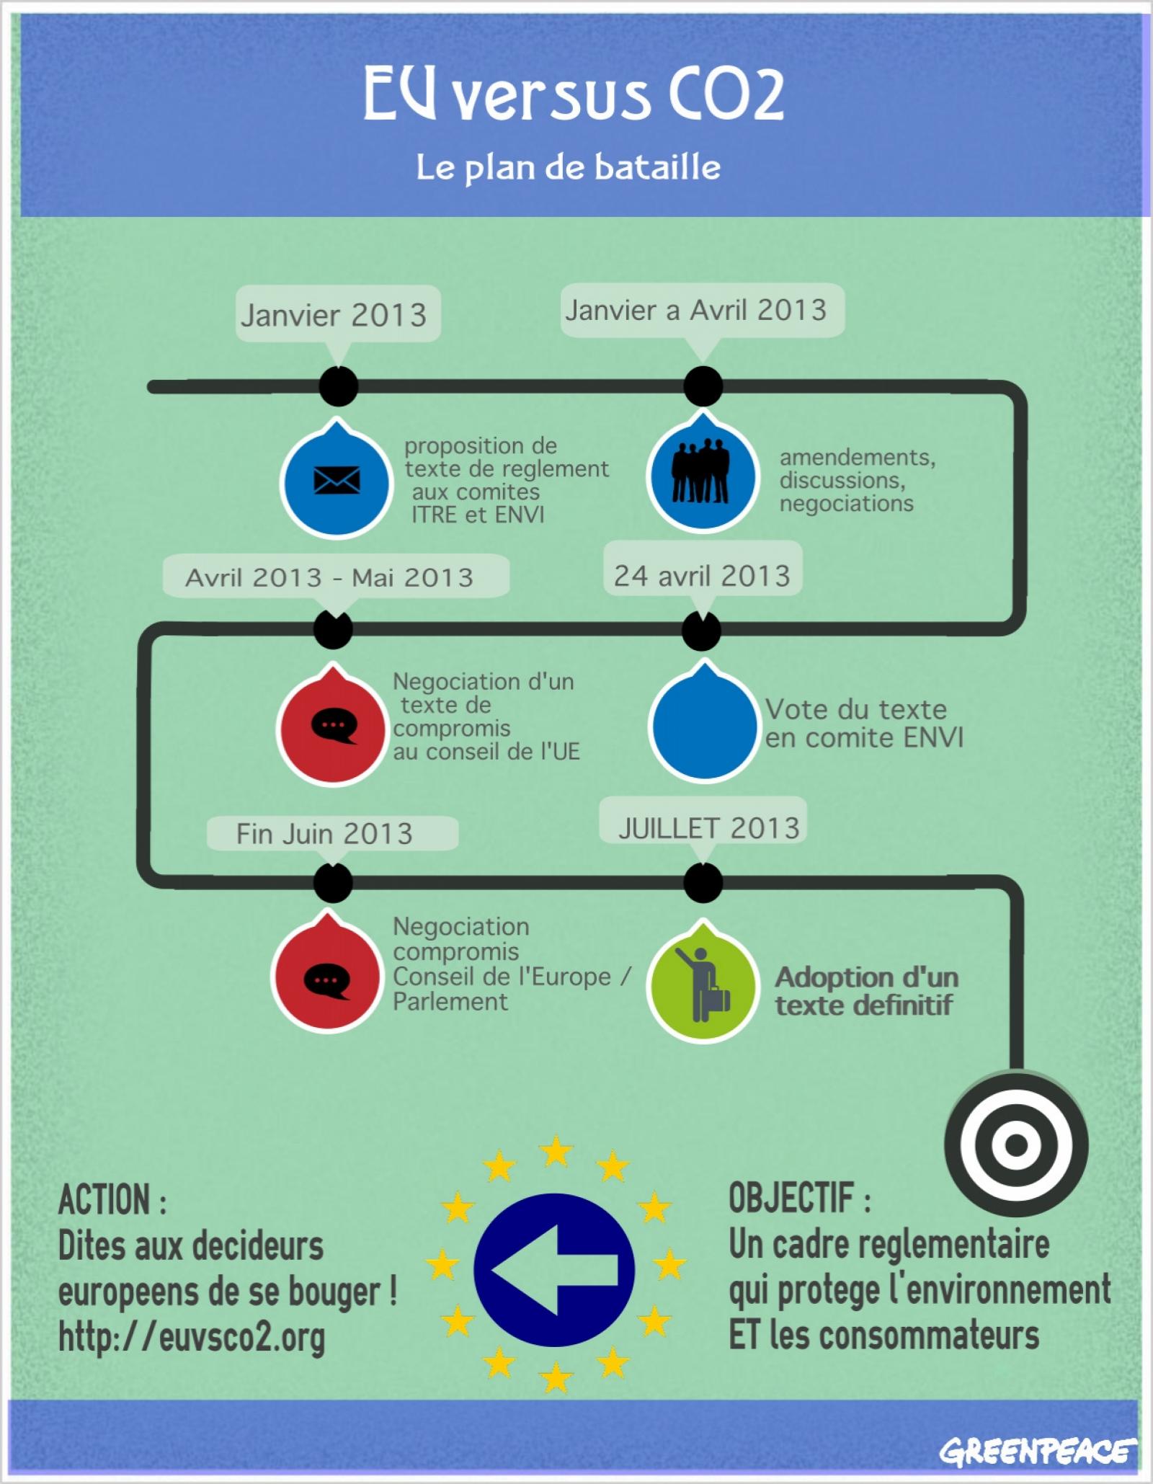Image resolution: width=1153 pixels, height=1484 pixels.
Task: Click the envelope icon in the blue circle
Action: coord(337,480)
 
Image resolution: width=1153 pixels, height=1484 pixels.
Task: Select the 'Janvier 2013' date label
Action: coord(334,315)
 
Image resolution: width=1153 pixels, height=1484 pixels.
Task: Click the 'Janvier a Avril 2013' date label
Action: coord(695,311)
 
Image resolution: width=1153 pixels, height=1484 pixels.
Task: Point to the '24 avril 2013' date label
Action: coord(702,575)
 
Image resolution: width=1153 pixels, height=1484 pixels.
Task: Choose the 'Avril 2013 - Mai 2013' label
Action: coord(329,577)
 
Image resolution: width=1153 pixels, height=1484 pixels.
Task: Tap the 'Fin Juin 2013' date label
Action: coord(324,834)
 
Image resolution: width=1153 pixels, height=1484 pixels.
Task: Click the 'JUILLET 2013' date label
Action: coord(709,828)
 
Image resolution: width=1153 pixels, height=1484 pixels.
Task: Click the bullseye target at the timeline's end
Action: coord(1015,1144)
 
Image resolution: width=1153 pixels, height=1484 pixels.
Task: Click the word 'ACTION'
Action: coord(104,1200)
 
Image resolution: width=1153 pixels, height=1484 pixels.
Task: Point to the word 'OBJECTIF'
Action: coord(791,1197)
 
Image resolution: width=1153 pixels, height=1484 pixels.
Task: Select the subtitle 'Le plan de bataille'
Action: coord(569,168)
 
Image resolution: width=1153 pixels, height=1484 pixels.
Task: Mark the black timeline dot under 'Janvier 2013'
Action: coord(338,386)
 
